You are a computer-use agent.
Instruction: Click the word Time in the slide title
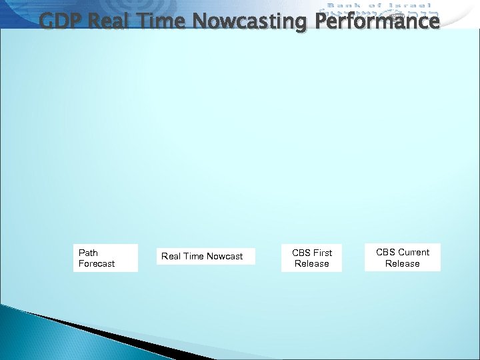[161, 21]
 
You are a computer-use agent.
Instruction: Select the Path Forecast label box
[105, 258]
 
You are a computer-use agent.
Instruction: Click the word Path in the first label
[88, 253]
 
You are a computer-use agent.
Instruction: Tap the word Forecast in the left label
[97, 264]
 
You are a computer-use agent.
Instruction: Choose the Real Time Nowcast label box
[205, 256]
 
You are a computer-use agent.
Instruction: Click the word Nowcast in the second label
[225, 257]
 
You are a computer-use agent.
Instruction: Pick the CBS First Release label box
[312, 258]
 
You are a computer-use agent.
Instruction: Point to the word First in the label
[322, 253]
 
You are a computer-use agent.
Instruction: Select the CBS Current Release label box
[403, 257]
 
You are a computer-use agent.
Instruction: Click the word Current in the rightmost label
[414, 252]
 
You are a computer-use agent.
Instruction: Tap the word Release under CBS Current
[403, 263]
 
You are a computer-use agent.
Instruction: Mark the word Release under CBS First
[312, 264]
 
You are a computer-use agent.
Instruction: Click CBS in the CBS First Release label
[301, 253]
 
